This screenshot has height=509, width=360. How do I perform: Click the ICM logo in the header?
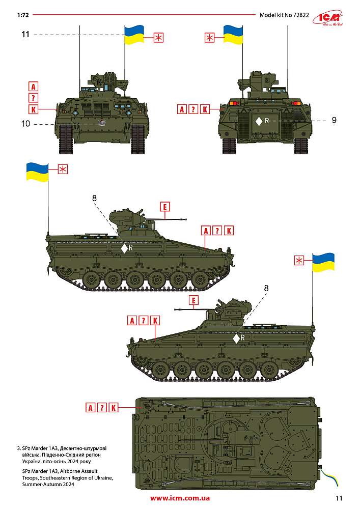click(x=328, y=18)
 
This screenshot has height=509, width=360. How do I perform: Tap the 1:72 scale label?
click(x=23, y=15)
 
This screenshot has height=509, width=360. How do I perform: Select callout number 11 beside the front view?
click(x=25, y=35)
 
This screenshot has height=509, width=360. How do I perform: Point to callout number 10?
click(x=25, y=124)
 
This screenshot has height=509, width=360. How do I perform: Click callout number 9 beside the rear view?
click(x=334, y=120)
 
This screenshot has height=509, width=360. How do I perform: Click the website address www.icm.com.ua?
click(x=180, y=498)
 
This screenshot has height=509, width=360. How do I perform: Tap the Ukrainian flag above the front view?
click(x=134, y=35)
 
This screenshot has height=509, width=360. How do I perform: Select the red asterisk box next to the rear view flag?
click(x=210, y=38)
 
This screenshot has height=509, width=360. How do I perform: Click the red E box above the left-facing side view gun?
click(x=193, y=300)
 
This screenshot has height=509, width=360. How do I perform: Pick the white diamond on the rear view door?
click(x=259, y=122)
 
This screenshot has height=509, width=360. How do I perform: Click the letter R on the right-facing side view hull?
click(x=131, y=248)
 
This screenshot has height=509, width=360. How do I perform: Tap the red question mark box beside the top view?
click(x=102, y=407)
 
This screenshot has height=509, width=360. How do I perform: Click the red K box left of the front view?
click(x=34, y=109)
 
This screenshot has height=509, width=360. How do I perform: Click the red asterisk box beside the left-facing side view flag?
click(x=299, y=260)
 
